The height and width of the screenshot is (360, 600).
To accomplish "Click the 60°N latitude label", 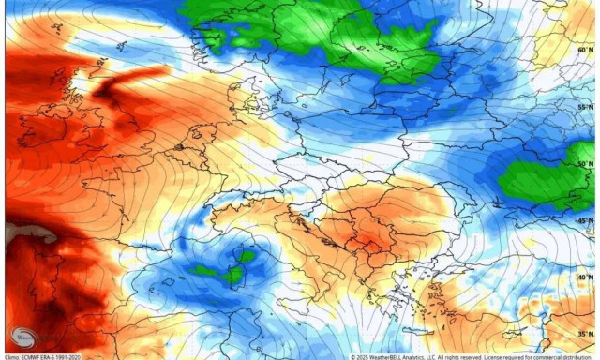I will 585,51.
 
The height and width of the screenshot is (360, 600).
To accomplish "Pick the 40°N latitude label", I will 585,277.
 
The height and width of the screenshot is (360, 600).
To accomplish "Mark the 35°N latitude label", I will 585,334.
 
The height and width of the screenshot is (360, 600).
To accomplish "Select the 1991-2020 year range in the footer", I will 81,356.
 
